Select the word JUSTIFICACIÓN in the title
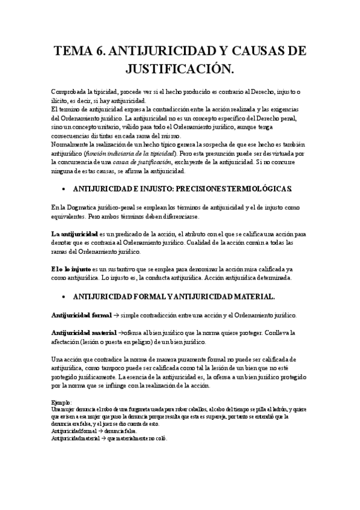[180, 70]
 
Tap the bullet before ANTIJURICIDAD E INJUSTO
[63, 189]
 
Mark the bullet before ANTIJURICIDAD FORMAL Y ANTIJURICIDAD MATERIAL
[63, 296]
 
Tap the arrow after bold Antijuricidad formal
[115, 316]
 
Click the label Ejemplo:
[61, 402]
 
